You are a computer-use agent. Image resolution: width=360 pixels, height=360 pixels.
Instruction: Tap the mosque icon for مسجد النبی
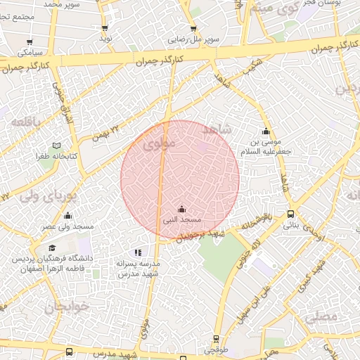point(182,209)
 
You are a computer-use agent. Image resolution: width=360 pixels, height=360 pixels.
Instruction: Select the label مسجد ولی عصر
point(67,226)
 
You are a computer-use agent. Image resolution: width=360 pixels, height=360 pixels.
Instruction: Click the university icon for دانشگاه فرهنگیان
point(51,247)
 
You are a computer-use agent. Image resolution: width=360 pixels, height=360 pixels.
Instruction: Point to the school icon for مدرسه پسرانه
point(138,252)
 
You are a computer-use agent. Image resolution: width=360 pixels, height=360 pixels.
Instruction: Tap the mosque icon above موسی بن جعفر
point(266,131)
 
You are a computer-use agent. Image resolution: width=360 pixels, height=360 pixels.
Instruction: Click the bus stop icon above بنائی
point(290,215)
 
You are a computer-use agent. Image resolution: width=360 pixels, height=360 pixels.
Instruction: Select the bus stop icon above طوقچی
point(215,339)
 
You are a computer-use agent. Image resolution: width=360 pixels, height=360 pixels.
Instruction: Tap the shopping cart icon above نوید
point(105,28)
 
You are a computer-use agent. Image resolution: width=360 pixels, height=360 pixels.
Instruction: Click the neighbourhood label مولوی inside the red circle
point(156,146)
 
